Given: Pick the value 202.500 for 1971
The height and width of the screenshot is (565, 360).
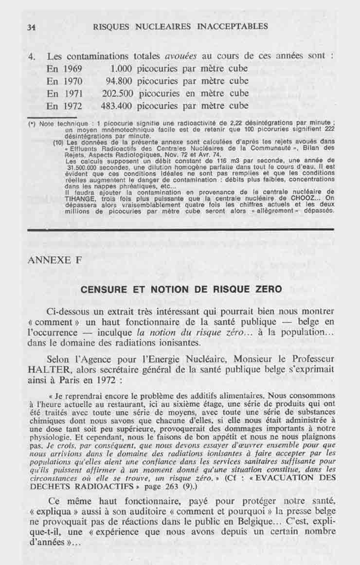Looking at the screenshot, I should [x=117, y=93].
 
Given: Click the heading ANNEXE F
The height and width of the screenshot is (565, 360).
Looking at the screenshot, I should [x=54, y=259].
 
